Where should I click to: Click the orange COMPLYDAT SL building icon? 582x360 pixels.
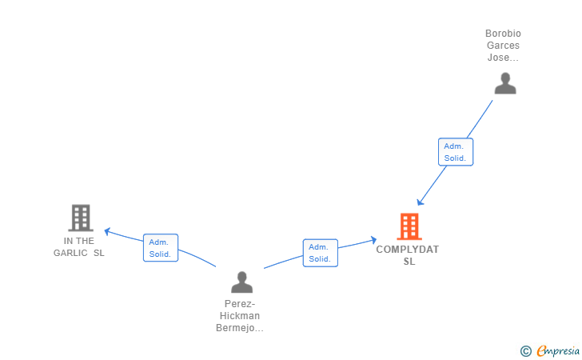coord(409,226)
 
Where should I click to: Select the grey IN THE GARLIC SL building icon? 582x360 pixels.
coord(81,218)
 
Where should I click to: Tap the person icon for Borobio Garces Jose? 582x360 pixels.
coord(505,83)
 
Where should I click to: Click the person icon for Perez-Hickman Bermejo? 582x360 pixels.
coord(241,282)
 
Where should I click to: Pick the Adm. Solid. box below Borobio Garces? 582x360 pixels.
coord(456,152)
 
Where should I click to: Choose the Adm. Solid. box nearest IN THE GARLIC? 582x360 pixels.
coord(161,248)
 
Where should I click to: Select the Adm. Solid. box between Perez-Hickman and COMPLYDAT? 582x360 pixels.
coord(321,253)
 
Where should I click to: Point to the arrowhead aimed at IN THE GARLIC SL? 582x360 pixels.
coord(107,231)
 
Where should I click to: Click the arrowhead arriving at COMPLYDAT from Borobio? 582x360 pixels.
coord(420,202)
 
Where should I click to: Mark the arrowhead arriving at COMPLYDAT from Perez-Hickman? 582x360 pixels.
coord(373,240)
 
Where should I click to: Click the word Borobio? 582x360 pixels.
coord(503,34)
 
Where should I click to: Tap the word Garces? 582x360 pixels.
coord(503,46)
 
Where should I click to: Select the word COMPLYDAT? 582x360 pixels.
coord(407,250)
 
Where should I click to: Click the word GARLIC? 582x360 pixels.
coord(70,253)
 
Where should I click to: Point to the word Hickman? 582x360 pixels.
coord(239,316)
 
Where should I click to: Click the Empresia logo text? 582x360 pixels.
coord(558,350)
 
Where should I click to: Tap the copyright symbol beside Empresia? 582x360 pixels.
coord(526,351)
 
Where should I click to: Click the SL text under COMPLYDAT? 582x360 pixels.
coord(409,262)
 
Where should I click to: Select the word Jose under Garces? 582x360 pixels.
coord(498,58)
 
